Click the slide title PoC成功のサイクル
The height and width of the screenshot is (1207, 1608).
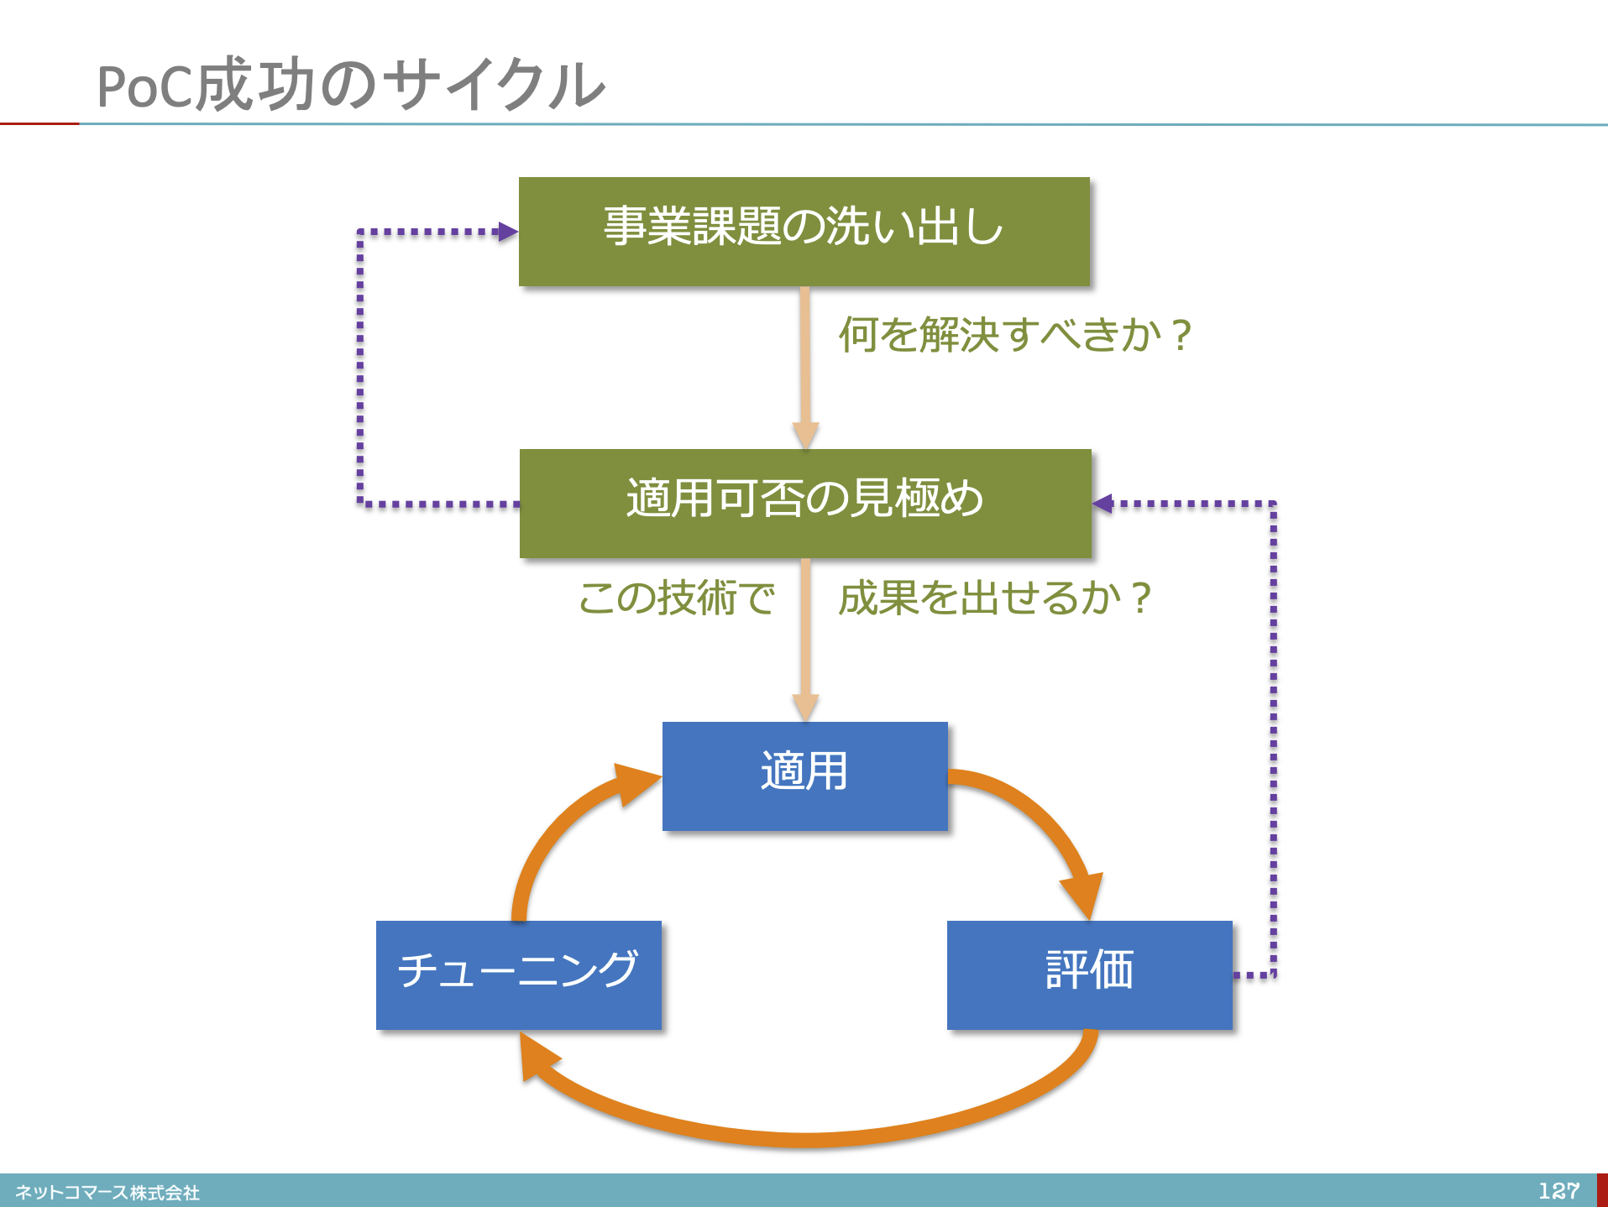coord(351,85)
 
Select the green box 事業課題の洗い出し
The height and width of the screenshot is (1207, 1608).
coord(804,232)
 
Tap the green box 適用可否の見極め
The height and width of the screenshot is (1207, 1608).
coord(805,504)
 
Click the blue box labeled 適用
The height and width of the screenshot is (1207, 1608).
coord(805,776)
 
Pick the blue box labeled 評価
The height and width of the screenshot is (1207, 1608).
coord(1090,975)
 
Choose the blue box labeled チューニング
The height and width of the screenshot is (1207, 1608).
coord(519,975)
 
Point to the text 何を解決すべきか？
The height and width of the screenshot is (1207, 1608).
coord(1015,335)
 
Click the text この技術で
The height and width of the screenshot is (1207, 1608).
coord(677,598)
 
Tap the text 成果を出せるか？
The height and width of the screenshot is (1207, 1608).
coord(995,598)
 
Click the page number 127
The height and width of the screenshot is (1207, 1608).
coord(1559,1191)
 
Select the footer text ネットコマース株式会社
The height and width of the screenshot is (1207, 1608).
coord(107,1193)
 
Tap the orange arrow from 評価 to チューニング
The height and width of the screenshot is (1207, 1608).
coord(806,1138)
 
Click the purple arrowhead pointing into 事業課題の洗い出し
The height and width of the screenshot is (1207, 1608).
coord(508,232)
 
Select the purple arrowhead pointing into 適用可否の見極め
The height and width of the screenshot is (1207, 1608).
coord(1103,504)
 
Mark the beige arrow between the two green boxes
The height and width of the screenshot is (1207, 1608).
coord(805,368)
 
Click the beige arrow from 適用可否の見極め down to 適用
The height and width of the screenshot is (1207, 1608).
coord(805,640)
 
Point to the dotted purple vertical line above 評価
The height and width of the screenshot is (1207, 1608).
coord(1273,739)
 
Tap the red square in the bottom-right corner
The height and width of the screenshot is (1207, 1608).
coord(1602,1190)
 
